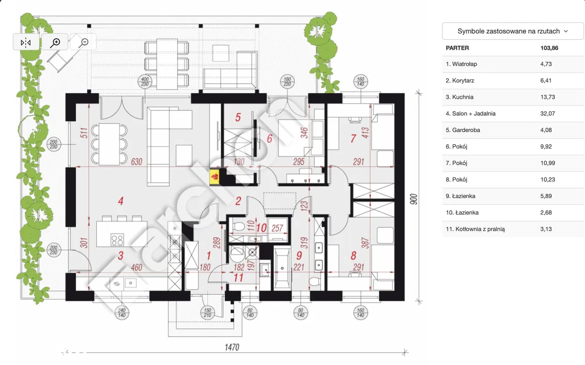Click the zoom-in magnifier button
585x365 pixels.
pyautogui.click(x=55, y=42)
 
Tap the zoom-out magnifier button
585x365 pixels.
pyautogui.click(x=83, y=42)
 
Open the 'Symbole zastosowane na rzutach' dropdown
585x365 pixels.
pyautogui.click(x=513, y=31)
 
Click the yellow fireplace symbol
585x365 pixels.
pyautogui.click(x=214, y=177)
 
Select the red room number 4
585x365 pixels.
pyautogui.click(x=121, y=201)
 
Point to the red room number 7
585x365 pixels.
pyautogui.click(x=353, y=138)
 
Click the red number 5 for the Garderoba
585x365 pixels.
pyautogui.click(x=238, y=117)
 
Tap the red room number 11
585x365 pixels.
pyautogui.click(x=238, y=278)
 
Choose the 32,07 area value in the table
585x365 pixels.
pyautogui.click(x=548, y=113)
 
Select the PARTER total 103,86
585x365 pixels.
pyautogui.click(x=549, y=48)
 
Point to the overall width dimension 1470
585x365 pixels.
pyautogui.click(x=232, y=347)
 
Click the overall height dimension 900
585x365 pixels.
pyautogui.click(x=414, y=199)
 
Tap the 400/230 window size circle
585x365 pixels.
pyautogui.click(x=145, y=81)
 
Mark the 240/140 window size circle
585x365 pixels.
pyautogui.click(x=122, y=313)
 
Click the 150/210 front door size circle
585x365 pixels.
pyautogui.click(x=207, y=313)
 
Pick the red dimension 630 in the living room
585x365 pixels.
pyautogui.click(x=136, y=161)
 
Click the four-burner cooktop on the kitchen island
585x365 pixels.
pyautogui.click(x=117, y=240)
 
